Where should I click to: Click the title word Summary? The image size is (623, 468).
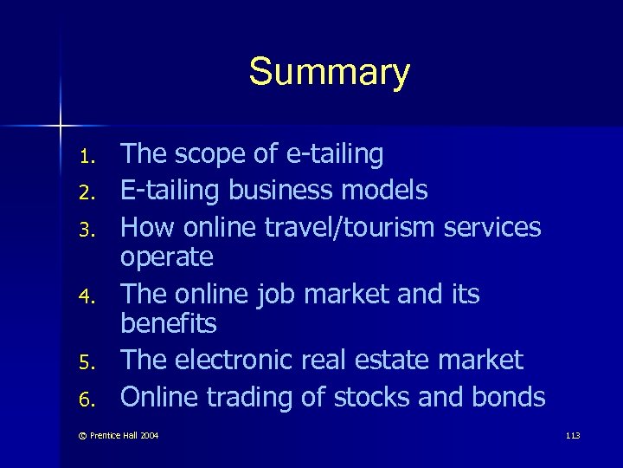[329, 73]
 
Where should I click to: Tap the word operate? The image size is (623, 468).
[166, 258]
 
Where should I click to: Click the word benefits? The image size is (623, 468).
[169, 324]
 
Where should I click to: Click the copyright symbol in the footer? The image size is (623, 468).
[74, 433]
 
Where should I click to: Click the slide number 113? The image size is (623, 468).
[571, 433]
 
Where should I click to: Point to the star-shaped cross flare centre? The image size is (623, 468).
[61, 127]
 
